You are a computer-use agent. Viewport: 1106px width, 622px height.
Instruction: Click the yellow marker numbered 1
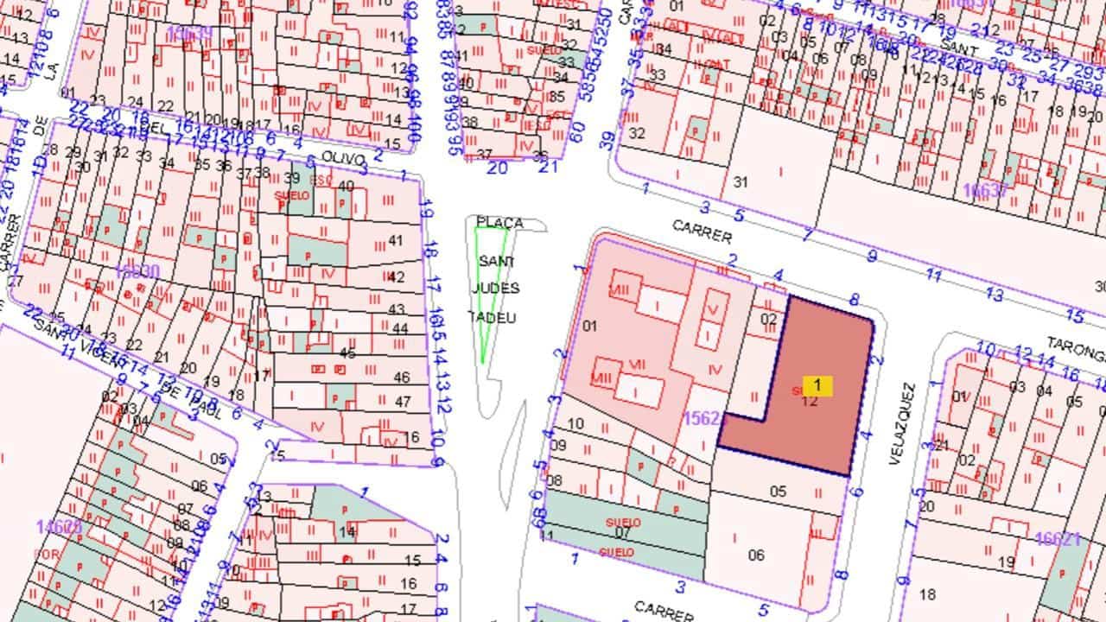(817, 385)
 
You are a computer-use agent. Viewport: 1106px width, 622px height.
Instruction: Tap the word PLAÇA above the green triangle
(499, 223)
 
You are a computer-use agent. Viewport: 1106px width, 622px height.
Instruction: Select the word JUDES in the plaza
(496, 288)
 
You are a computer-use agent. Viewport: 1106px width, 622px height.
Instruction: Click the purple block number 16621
(1058, 539)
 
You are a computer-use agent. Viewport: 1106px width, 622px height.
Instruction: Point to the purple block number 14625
(59, 527)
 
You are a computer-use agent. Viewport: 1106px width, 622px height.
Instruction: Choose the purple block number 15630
(137, 271)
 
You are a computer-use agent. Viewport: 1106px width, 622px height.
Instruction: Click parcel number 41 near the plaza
(397, 240)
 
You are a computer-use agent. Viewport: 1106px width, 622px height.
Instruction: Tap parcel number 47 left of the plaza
(402, 402)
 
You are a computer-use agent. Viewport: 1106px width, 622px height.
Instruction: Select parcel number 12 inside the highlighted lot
(810, 401)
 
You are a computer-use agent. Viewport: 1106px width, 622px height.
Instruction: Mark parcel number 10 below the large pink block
(576, 424)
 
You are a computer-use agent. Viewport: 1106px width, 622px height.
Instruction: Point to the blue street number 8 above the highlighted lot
(854, 300)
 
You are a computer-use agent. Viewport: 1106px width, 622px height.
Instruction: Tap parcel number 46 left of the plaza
(401, 378)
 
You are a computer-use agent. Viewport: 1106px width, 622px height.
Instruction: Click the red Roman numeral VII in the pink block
(638, 364)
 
